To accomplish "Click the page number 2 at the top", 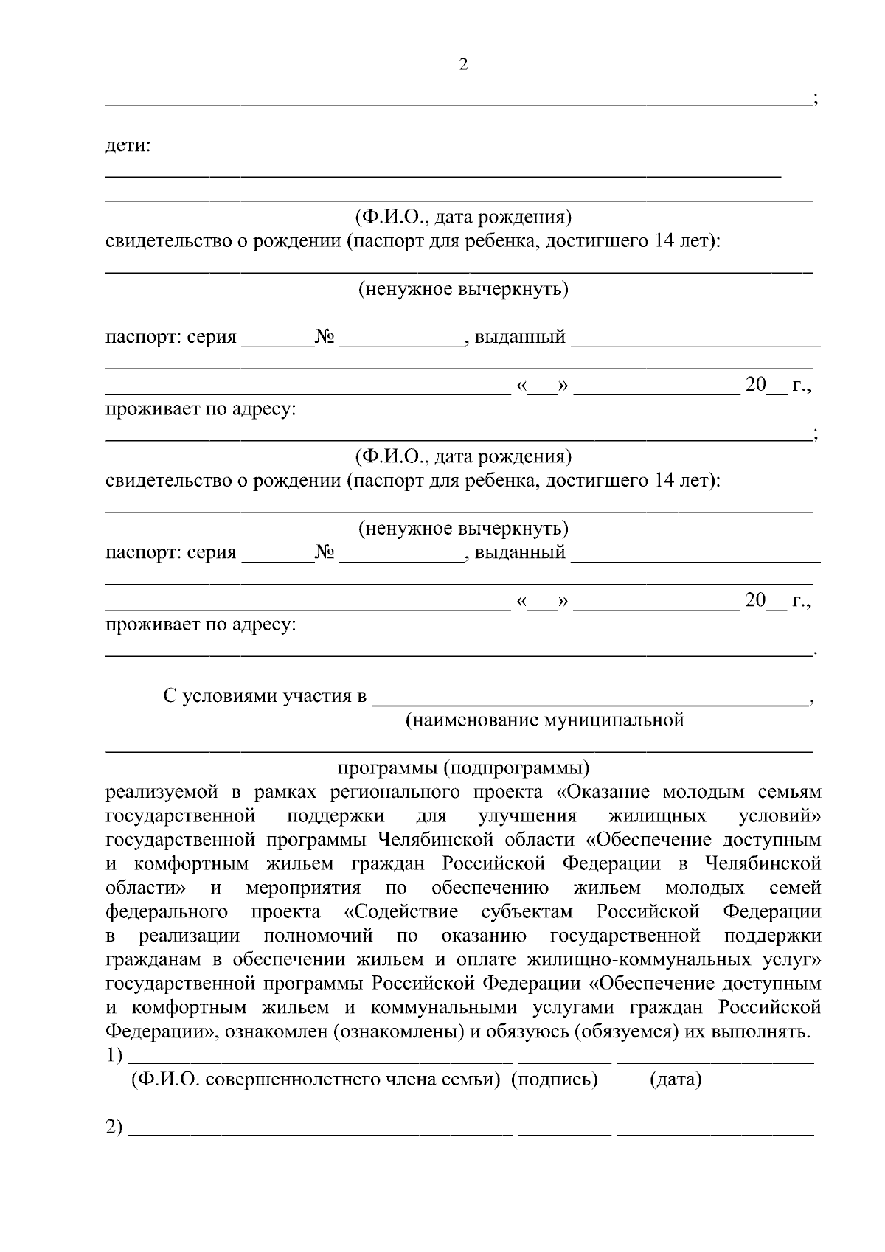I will click(463, 64).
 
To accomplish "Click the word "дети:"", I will click(128, 146).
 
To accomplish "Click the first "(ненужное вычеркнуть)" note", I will click(463, 288).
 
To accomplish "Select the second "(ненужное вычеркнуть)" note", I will click(463, 528).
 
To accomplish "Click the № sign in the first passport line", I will click(325, 337).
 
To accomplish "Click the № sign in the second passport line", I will click(325, 552).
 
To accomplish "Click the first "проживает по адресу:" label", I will click(201, 408).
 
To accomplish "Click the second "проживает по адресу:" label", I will click(201, 625).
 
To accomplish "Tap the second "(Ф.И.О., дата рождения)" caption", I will click(463, 456).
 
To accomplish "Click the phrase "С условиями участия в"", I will click(265, 695).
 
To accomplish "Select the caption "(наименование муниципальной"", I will click(545, 720).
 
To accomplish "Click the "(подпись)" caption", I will click(555, 1079).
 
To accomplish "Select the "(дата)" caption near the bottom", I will click(676, 1079).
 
